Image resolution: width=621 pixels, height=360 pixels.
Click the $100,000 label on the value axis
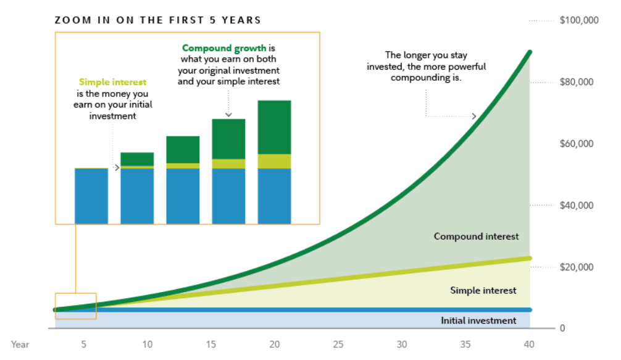[579, 20]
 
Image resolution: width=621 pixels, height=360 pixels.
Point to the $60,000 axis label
[577, 144]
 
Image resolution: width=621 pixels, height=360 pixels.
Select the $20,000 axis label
[577, 267]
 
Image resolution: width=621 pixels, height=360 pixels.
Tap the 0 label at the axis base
[562, 328]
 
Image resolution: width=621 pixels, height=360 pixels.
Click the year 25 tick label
[338, 344]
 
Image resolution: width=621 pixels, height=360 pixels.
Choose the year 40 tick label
[529, 344]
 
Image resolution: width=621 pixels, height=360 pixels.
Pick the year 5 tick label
[83, 344]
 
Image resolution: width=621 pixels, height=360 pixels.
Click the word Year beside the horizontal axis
[20, 344]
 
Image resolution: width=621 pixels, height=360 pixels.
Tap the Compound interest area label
[476, 237]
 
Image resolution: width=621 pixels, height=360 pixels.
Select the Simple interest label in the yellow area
[483, 290]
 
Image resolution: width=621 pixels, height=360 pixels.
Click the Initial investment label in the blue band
[478, 320]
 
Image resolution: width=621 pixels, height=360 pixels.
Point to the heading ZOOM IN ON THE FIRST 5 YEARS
[158, 20]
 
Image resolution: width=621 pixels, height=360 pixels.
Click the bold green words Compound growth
[224, 48]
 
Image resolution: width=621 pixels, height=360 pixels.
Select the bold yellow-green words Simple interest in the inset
[113, 82]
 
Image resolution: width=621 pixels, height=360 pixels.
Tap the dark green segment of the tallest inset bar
[274, 127]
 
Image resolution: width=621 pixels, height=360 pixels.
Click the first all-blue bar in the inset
[91, 196]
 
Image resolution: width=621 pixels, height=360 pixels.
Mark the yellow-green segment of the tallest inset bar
[274, 161]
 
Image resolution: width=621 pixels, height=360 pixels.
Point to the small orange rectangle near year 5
[75, 306]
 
